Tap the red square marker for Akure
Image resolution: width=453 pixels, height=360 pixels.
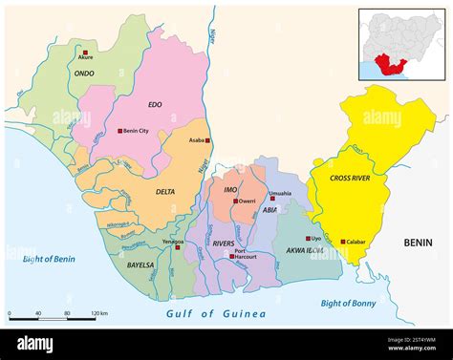click(x=86, y=53)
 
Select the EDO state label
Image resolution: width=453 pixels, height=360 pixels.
click(x=155, y=104)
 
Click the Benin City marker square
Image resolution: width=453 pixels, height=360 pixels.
click(x=119, y=131)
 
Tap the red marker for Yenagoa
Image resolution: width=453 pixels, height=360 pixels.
click(x=178, y=247)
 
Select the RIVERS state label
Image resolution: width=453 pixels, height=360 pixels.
click(x=224, y=244)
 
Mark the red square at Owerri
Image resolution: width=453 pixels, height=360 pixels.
click(x=235, y=201)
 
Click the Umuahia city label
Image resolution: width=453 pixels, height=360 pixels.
click(x=280, y=193)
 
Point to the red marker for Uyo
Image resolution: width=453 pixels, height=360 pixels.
click(x=306, y=238)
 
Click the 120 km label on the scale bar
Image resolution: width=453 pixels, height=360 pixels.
click(x=97, y=313)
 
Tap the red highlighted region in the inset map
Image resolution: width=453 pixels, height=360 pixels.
click(x=389, y=65)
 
